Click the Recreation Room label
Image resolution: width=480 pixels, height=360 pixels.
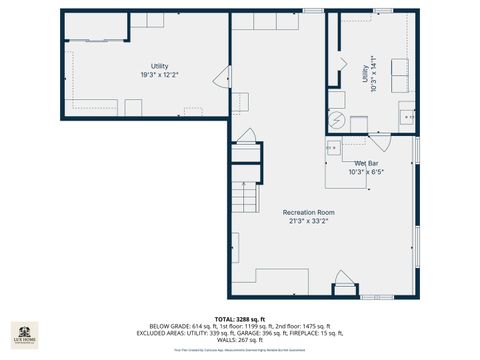(x=308, y=212)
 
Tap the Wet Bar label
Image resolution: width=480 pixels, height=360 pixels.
(x=366, y=162)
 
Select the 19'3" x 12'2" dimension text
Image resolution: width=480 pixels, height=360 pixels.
(x=160, y=75)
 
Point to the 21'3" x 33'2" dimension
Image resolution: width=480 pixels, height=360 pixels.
(x=308, y=222)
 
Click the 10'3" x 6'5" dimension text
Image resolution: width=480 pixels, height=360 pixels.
(x=366, y=171)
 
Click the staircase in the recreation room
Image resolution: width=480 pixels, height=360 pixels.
(x=245, y=203)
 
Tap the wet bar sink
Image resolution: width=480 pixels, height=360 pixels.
(x=332, y=148)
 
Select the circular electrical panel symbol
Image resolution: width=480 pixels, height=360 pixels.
(x=338, y=118)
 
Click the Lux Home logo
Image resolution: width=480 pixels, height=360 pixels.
(x=24, y=335)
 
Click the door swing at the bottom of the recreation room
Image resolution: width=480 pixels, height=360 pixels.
(x=345, y=288)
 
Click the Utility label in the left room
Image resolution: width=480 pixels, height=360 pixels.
(x=160, y=66)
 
